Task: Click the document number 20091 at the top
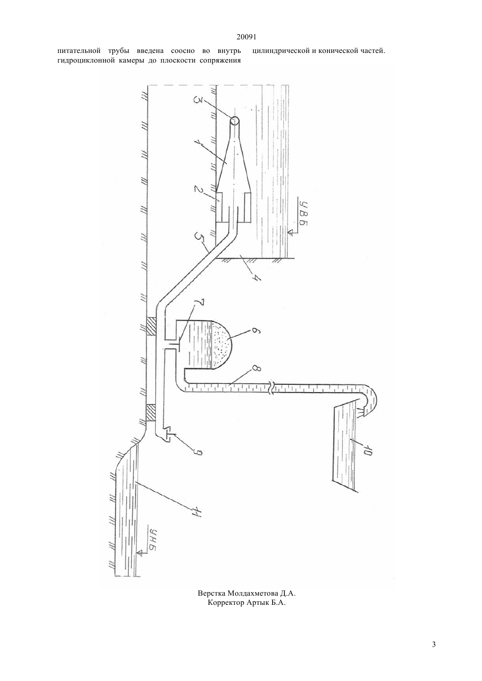(x=246, y=37)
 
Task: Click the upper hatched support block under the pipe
(x=151, y=326)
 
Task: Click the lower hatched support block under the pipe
(x=151, y=413)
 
